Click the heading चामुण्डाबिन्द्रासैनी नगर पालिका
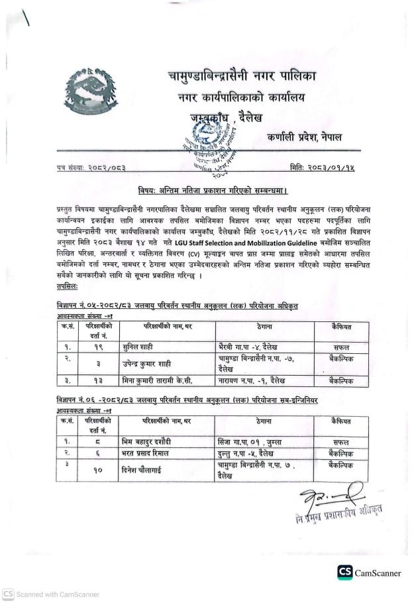pos(242,77)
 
